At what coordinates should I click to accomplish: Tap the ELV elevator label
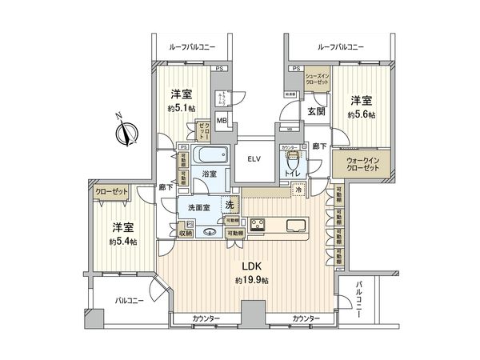(x=254, y=158)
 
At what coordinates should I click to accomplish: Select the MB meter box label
(x=222, y=122)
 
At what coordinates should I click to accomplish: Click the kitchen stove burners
(x=259, y=226)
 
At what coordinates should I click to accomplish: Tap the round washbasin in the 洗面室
(x=210, y=233)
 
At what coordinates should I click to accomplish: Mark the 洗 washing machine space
(x=230, y=204)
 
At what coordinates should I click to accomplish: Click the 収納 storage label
(x=186, y=234)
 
